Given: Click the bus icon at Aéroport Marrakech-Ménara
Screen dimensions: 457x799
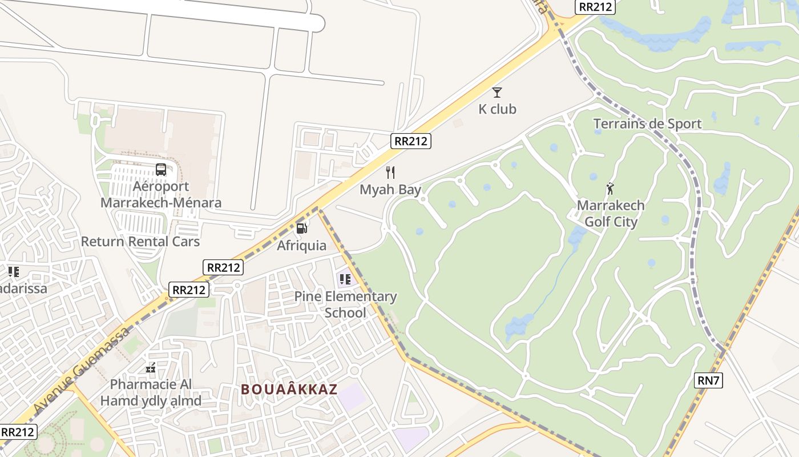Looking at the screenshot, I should tap(161, 170).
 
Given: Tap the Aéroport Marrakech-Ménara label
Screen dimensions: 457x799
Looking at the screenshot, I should tap(161, 194).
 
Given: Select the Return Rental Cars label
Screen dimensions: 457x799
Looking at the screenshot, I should tap(140, 241).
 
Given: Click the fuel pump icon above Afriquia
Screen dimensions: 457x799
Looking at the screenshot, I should tap(301, 228).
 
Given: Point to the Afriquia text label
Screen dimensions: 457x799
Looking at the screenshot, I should tap(301, 246).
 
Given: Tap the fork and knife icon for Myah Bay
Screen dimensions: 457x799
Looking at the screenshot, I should tap(390, 172).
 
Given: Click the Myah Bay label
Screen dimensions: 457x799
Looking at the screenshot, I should tap(390, 190).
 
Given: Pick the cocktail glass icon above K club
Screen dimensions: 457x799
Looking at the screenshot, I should tap(497, 92).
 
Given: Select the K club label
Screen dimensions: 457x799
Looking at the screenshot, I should tap(497, 109).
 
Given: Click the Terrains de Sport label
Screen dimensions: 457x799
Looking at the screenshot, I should tap(647, 123).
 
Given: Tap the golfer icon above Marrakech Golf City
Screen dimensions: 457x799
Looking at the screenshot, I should tap(610, 188).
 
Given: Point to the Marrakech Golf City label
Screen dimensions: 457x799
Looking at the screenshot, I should tap(611, 214).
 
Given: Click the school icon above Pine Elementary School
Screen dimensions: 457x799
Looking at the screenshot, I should tap(345, 279).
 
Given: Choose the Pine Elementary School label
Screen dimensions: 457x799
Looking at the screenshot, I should tap(345, 304).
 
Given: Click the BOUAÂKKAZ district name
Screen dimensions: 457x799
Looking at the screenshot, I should tap(289, 390).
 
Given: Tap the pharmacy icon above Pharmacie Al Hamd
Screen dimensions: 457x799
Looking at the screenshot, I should tap(151, 368).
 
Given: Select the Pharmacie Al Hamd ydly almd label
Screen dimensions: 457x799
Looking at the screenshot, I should tap(151, 392).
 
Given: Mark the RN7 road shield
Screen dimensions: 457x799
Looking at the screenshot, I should tap(708, 380).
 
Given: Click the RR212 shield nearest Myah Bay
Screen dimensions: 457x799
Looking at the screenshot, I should tap(411, 141).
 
